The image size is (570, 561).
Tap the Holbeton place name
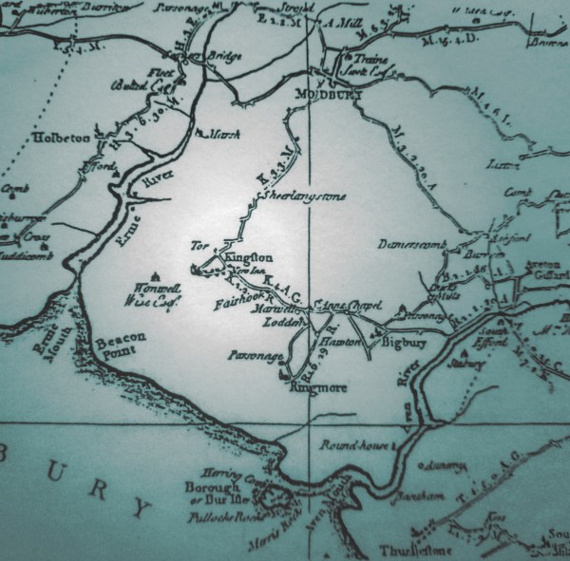[x=63, y=139]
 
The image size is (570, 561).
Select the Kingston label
[x=250, y=257]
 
